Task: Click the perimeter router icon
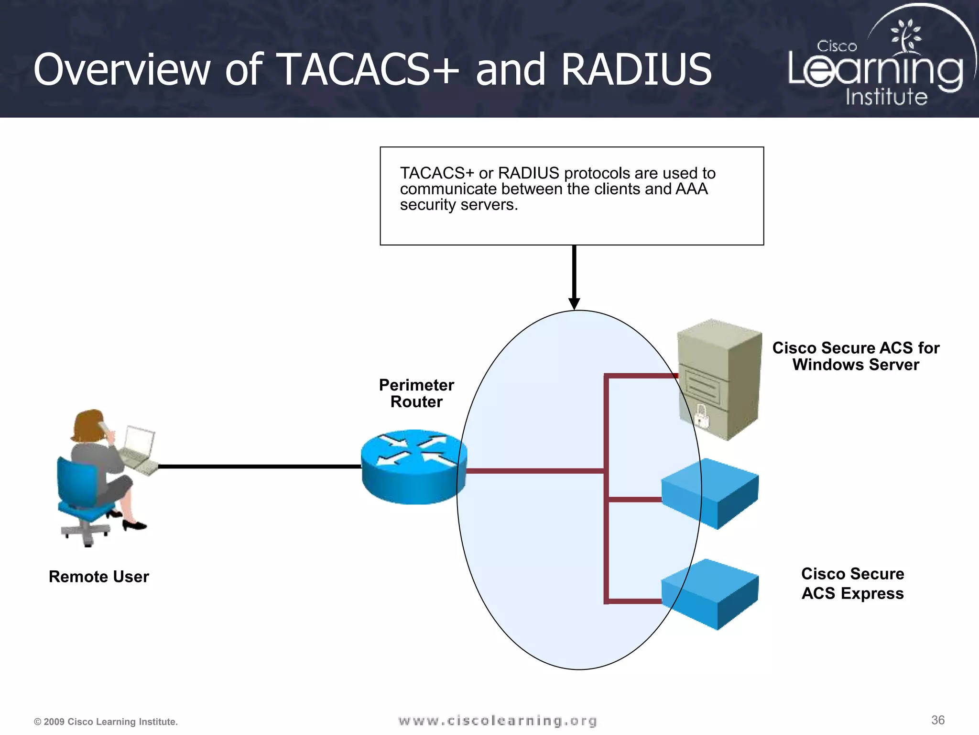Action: (x=413, y=467)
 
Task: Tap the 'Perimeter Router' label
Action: (x=416, y=393)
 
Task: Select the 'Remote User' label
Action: (x=99, y=577)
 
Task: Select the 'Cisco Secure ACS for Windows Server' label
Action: (x=856, y=356)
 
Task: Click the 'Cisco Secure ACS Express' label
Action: (x=853, y=583)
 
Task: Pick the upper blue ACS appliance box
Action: (x=710, y=493)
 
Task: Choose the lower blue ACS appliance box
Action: (x=710, y=593)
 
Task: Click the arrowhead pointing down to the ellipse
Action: (x=574, y=304)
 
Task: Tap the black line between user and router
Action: (x=258, y=466)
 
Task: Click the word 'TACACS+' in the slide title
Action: (x=368, y=70)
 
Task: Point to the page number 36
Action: (x=938, y=720)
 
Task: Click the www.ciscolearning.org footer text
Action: (x=497, y=721)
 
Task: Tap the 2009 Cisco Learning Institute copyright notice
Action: (x=106, y=722)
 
